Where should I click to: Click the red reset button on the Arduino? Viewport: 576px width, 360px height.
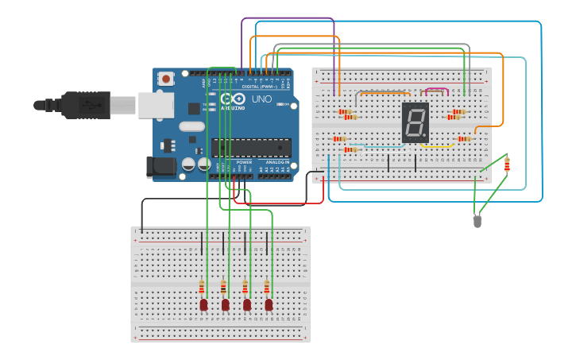pyautogui.click(x=165, y=78)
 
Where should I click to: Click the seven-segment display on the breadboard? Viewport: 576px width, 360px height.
pyautogui.click(x=415, y=122)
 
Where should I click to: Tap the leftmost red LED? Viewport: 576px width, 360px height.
pyautogui.click(x=203, y=304)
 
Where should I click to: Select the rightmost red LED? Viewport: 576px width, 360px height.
pyautogui.click(x=269, y=304)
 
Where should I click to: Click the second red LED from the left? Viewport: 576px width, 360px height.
pyautogui.click(x=226, y=304)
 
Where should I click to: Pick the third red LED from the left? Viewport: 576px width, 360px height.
pyautogui.click(x=247, y=304)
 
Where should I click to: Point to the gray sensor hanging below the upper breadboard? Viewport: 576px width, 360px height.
pyautogui.click(x=477, y=222)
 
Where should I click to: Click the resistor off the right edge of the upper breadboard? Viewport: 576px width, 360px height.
pyautogui.click(x=507, y=165)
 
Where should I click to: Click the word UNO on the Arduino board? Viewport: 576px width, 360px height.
pyautogui.click(x=261, y=99)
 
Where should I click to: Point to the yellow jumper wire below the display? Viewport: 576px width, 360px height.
pyautogui.click(x=436, y=146)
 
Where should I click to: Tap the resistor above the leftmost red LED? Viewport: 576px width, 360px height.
pyautogui.click(x=203, y=287)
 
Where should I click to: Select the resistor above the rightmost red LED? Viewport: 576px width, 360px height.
pyautogui.click(x=268, y=287)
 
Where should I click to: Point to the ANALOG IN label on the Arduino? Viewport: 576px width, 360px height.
pyautogui.click(x=277, y=161)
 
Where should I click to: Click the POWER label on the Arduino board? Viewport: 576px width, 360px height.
pyautogui.click(x=244, y=161)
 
